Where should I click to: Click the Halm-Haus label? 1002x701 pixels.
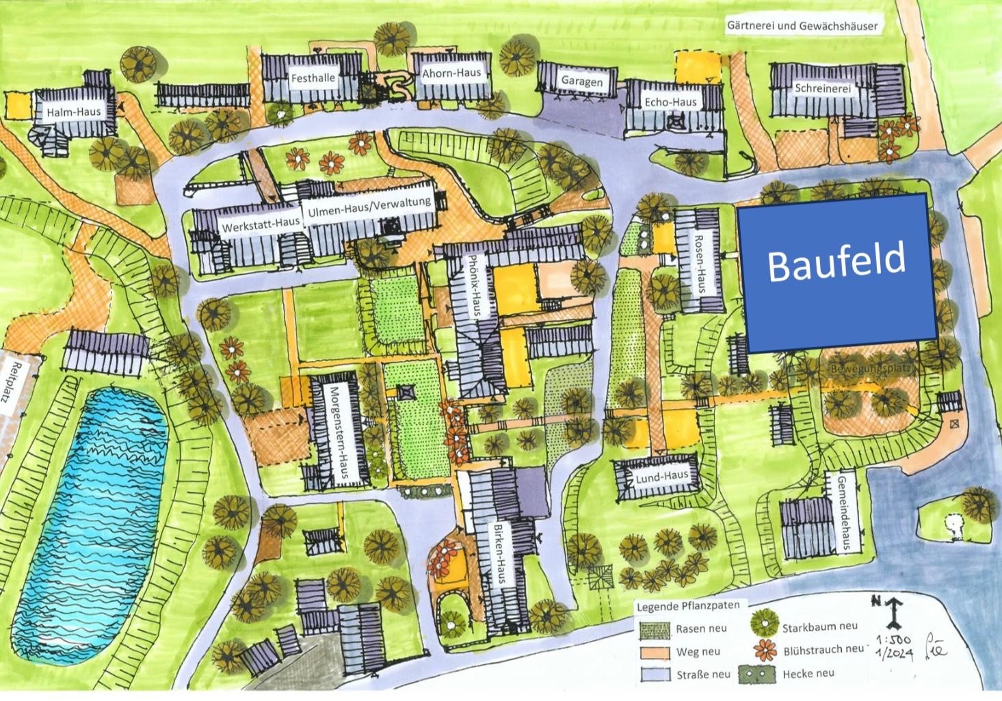coord(74,112)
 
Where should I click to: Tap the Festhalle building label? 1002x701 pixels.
coord(313,78)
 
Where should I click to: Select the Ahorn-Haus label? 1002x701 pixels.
coord(451,73)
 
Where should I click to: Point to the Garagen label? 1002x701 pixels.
coord(582,81)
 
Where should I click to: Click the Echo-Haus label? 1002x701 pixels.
coord(670,103)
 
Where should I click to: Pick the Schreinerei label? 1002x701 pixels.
coord(823,89)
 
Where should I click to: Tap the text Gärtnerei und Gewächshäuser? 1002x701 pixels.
coord(802,26)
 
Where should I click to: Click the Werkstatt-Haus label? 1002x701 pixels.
coord(261,224)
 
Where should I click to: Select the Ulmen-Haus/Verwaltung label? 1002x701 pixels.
coord(369,206)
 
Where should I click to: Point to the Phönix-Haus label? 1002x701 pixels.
coord(473,285)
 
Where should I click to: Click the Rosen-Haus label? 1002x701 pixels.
coord(700,263)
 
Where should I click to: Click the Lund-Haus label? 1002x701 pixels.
coord(661,477)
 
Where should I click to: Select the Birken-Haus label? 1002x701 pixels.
coord(500,554)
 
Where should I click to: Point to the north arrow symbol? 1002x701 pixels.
coord(893,611)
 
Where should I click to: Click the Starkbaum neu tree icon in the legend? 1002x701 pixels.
coord(764,623)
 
